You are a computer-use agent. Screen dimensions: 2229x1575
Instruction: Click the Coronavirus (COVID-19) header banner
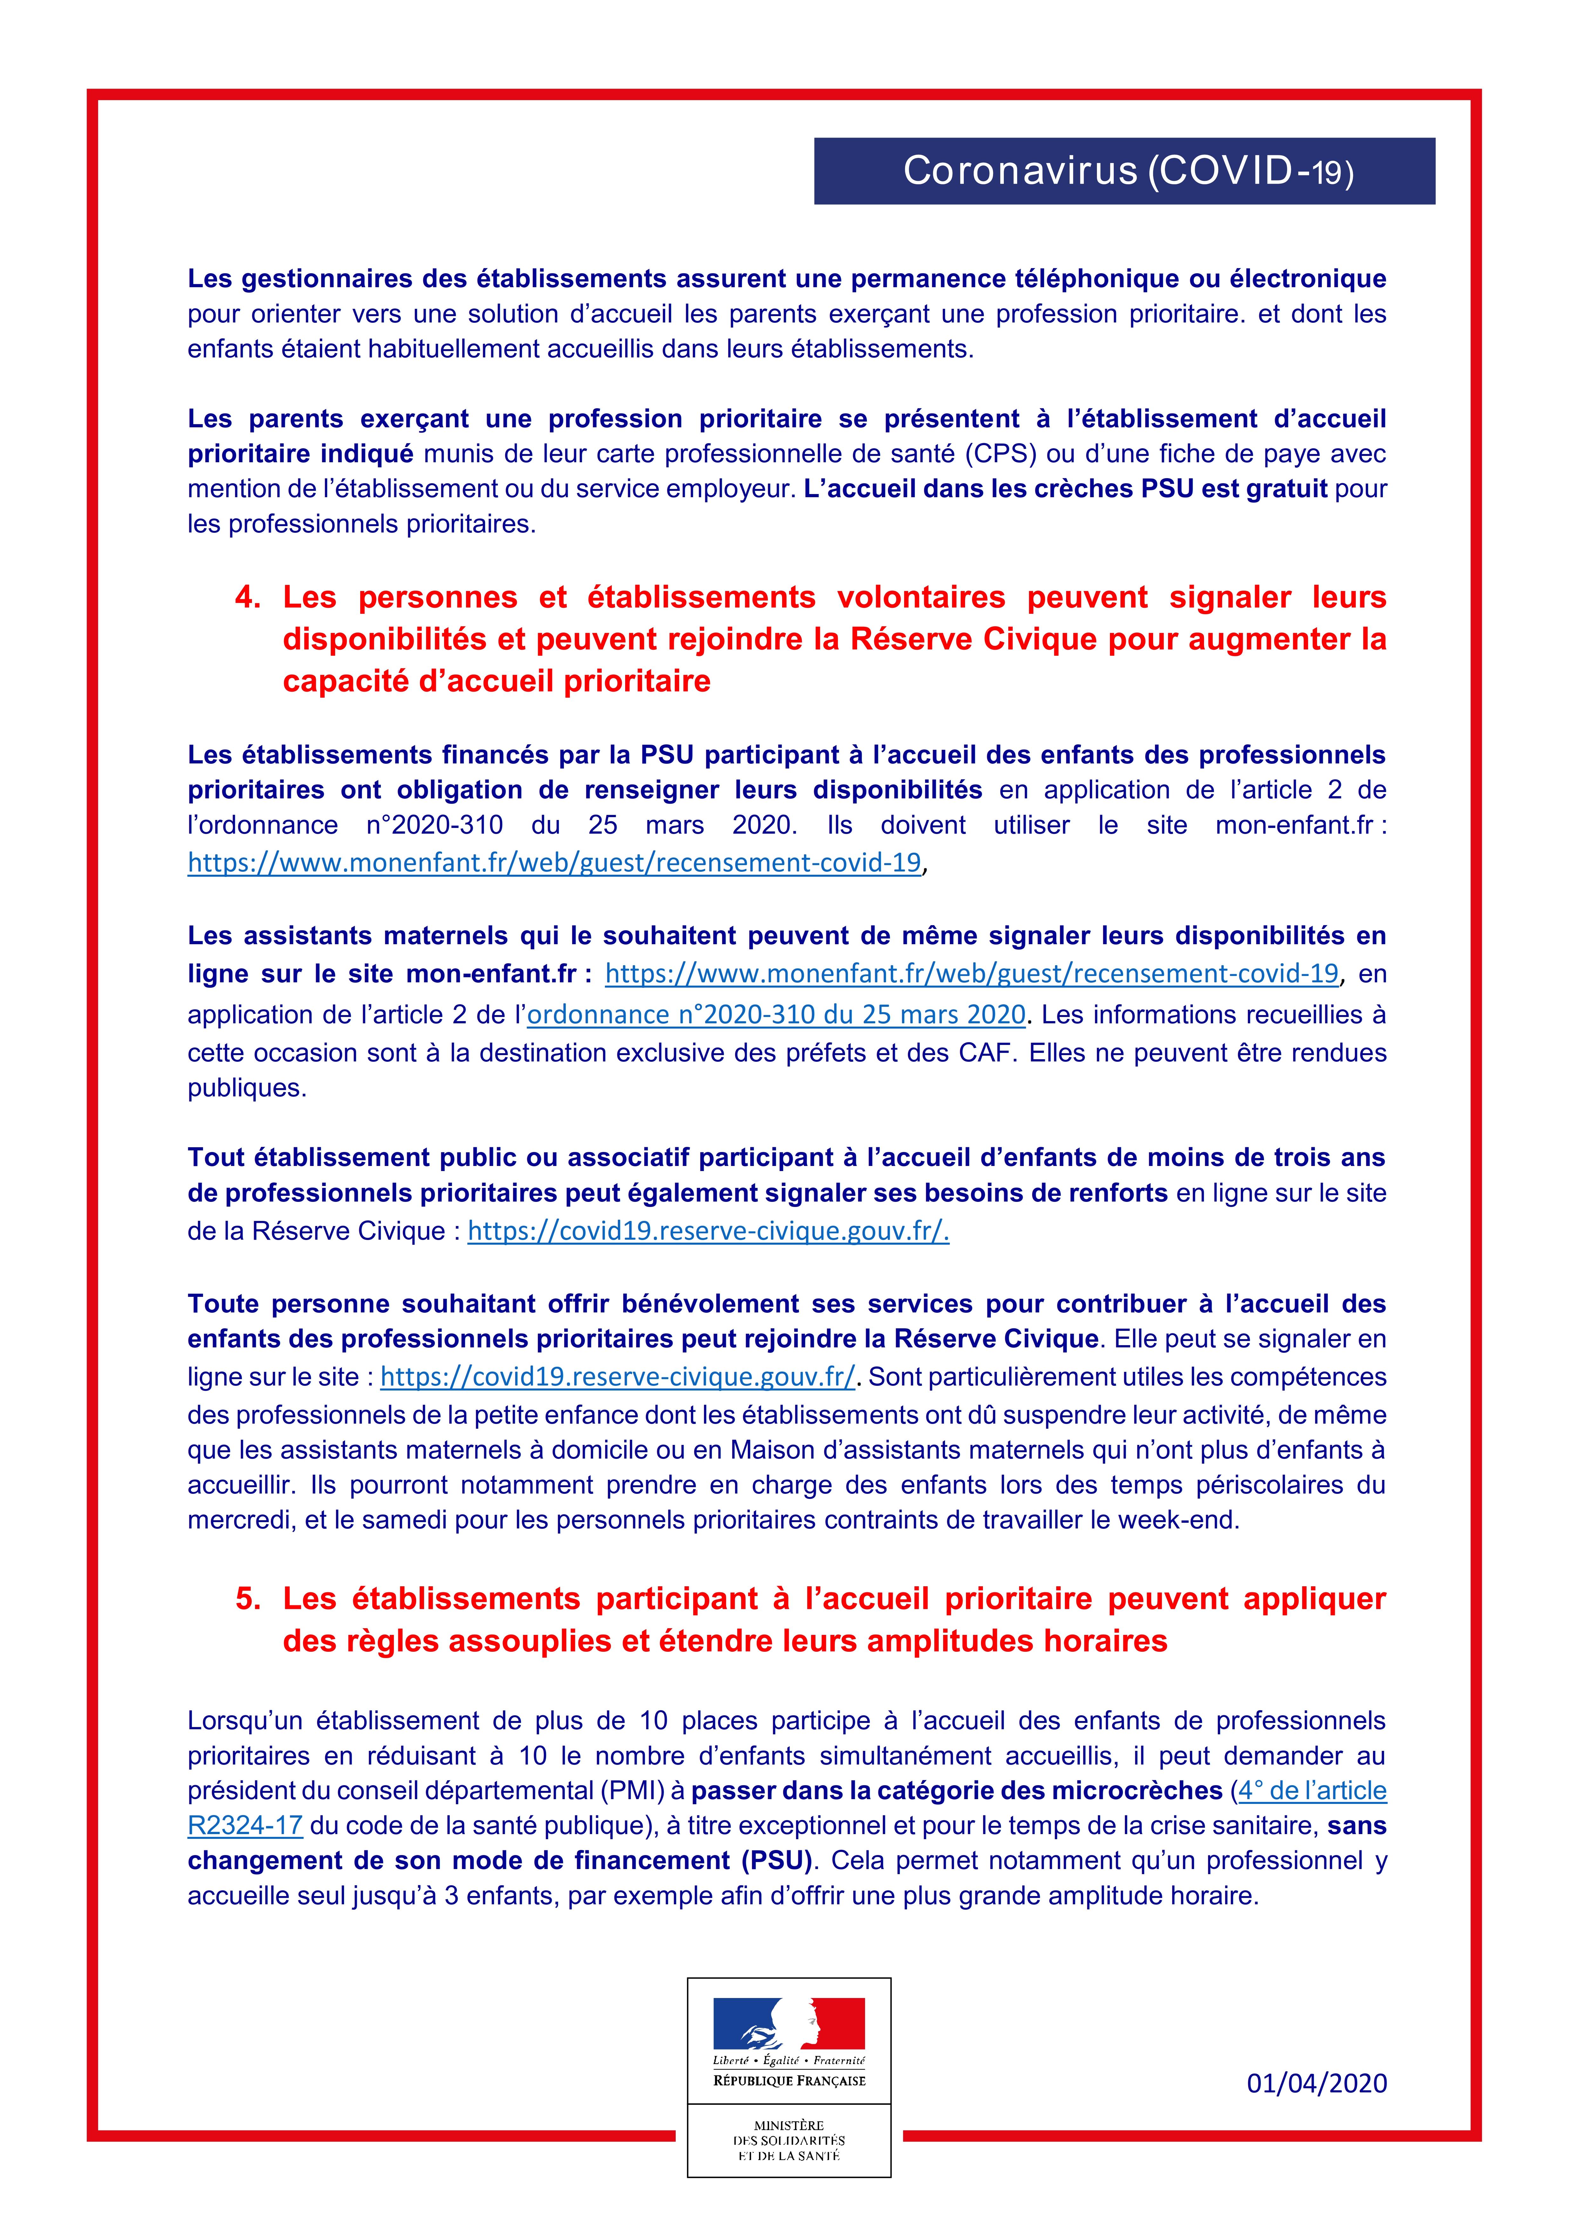(1124, 171)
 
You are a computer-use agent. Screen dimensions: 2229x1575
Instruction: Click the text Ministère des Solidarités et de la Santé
(788, 2140)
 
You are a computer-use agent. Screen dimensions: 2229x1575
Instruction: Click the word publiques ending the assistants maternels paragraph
(247, 1088)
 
